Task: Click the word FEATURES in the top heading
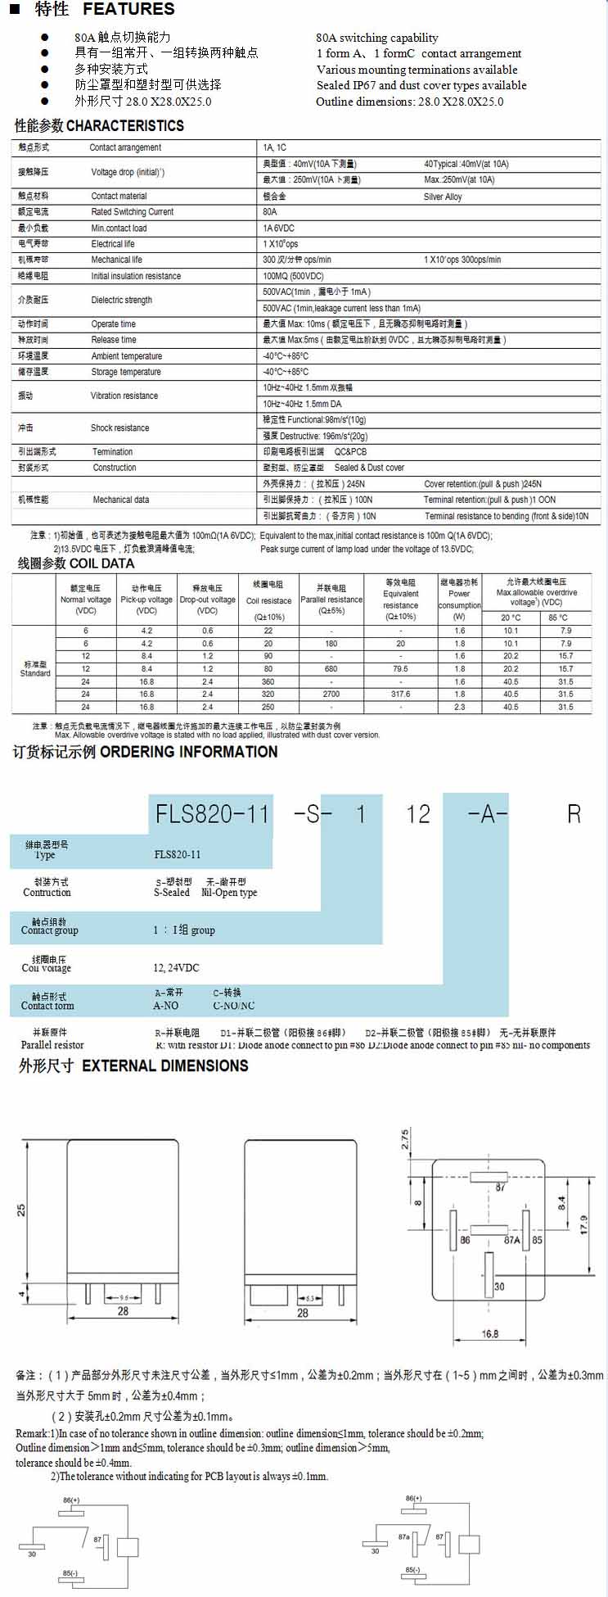[128, 10]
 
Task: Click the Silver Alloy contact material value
[443, 197]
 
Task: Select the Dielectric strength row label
[121, 300]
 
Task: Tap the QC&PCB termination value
[350, 452]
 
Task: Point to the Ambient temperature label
[126, 356]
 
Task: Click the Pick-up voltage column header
[146, 599]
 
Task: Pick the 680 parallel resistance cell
[331, 669]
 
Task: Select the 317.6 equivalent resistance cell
[400, 694]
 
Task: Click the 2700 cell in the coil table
[331, 694]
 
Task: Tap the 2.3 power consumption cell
[459, 707]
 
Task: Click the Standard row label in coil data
[35, 673]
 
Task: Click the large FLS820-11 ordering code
[212, 813]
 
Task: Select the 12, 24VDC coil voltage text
[176, 967]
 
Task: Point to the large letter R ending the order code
[574, 813]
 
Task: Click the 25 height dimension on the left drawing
[22, 1209]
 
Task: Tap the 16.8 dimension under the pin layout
[489, 1334]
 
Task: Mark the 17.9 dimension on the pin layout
[583, 1225]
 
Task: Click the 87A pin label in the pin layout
[512, 1239]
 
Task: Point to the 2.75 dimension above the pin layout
[405, 1140]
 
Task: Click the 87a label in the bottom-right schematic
[403, 1537]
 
